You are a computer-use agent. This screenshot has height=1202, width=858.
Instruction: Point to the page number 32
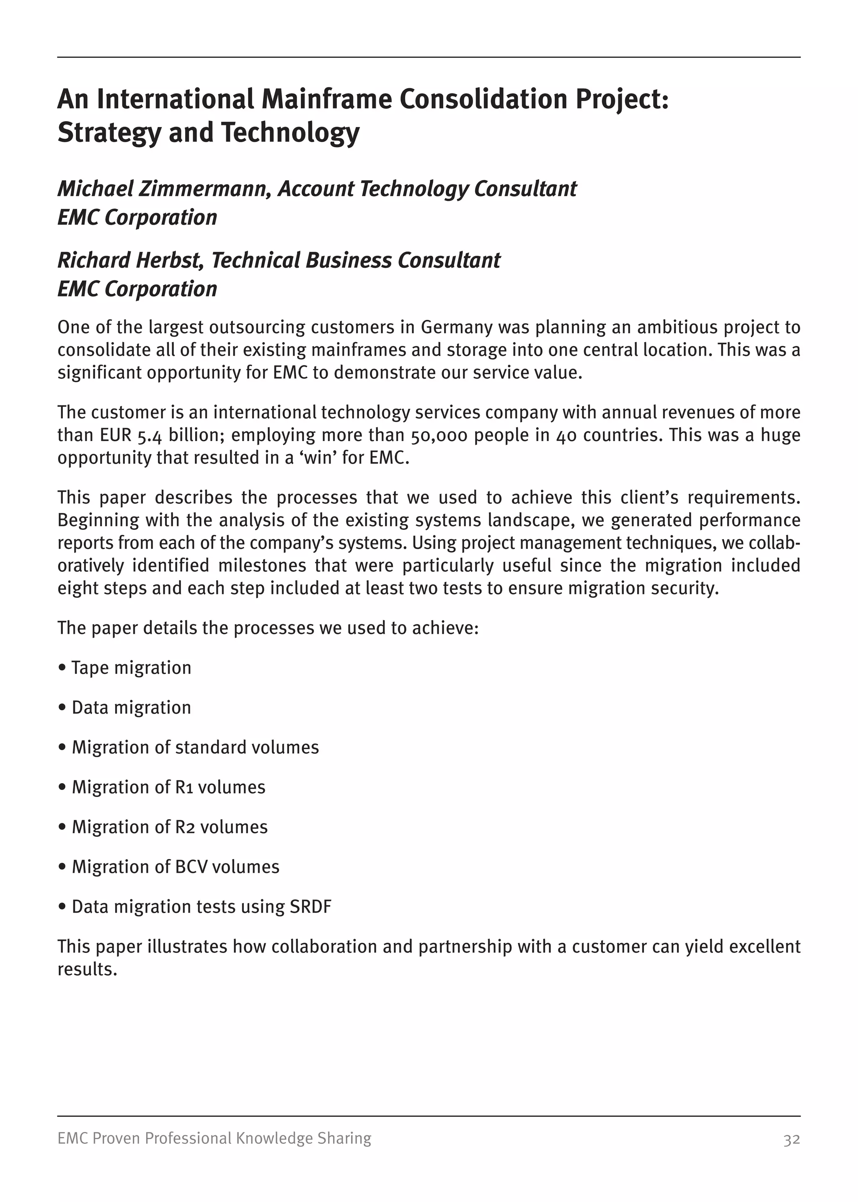pos(791,1139)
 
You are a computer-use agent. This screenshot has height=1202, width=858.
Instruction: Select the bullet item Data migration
pos(131,707)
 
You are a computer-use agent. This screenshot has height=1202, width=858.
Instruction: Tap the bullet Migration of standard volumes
pos(195,748)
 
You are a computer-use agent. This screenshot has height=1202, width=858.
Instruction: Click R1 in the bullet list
pos(183,787)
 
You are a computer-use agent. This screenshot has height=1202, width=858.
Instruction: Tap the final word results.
pos(87,969)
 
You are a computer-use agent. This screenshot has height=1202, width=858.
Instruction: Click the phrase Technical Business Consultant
pos(356,260)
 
